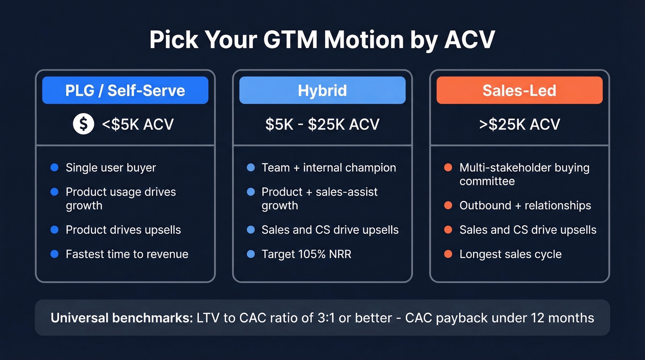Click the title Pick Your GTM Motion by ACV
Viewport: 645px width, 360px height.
[322, 41]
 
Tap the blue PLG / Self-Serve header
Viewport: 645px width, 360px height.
[125, 90]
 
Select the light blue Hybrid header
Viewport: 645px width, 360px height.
[322, 90]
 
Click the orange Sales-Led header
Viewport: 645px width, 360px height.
[519, 90]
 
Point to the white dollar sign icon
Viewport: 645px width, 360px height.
[83, 124]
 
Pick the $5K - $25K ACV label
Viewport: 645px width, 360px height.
[322, 124]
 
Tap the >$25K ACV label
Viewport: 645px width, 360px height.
[519, 124]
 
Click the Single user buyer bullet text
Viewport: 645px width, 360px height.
[111, 168]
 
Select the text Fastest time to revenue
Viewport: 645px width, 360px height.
[127, 254]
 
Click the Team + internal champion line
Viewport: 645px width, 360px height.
[328, 168]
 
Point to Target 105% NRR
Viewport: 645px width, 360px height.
[306, 254]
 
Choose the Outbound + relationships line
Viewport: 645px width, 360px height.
[525, 206]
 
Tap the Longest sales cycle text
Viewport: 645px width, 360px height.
[510, 254]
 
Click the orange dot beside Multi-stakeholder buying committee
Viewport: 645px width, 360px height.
[448, 168]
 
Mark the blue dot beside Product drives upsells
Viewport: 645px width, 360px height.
[54, 230]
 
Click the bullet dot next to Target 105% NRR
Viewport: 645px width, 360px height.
[251, 254]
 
